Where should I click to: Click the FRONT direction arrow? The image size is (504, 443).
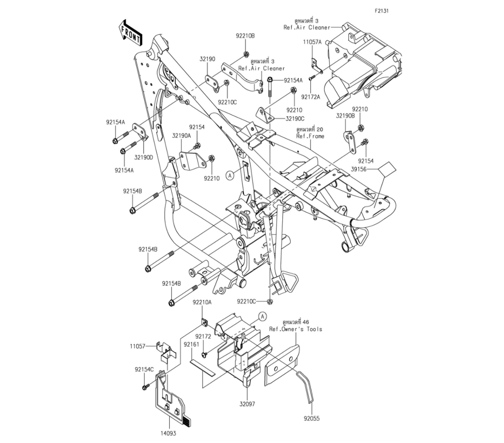tap(130, 32)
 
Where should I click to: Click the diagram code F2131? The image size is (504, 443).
tap(382, 11)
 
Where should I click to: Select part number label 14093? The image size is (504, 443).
tap(168, 433)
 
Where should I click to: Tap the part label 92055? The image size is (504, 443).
tap(312, 419)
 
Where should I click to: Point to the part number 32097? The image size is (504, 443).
tap(247, 404)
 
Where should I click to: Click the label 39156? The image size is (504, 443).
tap(358, 169)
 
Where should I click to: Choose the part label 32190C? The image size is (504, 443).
tap(295, 118)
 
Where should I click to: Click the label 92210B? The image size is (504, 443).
tap(245, 36)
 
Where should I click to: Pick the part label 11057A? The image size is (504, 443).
tap(312, 42)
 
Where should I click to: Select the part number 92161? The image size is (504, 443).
tap(192, 344)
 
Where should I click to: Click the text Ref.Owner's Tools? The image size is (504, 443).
tap(295, 329)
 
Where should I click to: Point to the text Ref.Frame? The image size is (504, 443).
tap(310, 136)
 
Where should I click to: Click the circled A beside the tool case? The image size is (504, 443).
tap(263, 317)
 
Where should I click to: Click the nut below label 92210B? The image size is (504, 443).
tap(245, 53)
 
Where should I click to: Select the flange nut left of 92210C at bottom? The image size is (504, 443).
tap(270, 302)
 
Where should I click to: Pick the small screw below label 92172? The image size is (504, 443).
tap(205, 354)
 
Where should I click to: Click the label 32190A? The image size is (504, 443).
tap(181, 136)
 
